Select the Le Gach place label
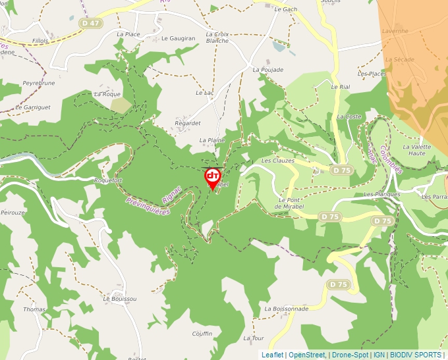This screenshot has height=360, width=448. (x=286, y=10)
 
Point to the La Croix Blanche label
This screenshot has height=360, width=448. (x=217, y=38)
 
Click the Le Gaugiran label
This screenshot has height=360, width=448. (x=179, y=39)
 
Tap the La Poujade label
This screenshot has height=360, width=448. (x=268, y=70)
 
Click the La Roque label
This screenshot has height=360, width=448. (x=107, y=94)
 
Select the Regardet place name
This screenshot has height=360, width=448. (x=187, y=123)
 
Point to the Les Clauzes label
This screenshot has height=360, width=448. (x=278, y=161)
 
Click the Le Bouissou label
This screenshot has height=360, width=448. (x=119, y=299)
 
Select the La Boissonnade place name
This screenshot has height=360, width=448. (x=286, y=309)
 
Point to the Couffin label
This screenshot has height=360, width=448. (x=202, y=334)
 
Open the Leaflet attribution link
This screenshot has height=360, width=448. (x=272, y=355)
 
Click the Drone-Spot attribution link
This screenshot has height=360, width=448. (x=350, y=355)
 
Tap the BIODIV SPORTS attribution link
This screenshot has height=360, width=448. (x=416, y=355)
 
